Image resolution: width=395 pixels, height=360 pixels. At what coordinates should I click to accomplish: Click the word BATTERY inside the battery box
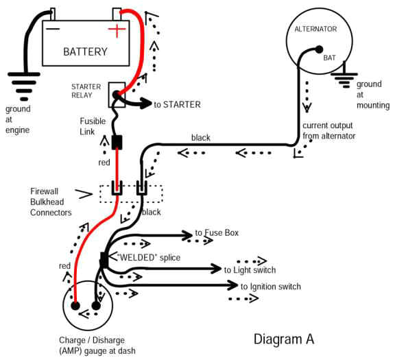pyautogui.click(x=85, y=51)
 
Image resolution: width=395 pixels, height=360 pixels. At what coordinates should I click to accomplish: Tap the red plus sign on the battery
pyautogui.click(x=117, y=30)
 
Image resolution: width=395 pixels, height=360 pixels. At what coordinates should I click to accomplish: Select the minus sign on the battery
pyautogui.click(x=53, y=29)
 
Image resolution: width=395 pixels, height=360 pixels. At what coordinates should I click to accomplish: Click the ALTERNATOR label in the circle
pyautogui.click(x=315, y=29)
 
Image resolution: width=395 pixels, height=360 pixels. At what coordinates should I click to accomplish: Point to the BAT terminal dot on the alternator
pyautogui.click(x=320, y=49)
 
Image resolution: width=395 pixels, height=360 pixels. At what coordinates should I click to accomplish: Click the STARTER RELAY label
pyautogui.click(x=86, y=91)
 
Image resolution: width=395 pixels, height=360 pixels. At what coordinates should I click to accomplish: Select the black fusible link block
pyautogui.click(x=117, y=143)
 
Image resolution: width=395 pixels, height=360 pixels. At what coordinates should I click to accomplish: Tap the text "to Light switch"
pyautogui.click(x=245, y=270)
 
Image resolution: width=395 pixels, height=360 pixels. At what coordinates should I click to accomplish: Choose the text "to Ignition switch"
pyautogui.click(x=270, y=287)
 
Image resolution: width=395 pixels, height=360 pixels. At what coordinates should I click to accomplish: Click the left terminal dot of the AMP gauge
pyautogui.click(x=77, y=306)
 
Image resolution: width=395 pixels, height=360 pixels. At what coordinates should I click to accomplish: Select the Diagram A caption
pyautogui.click(x=283, y=339)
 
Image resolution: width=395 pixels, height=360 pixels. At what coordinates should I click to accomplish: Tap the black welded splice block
pyautogui.click(x=104, y=260)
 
